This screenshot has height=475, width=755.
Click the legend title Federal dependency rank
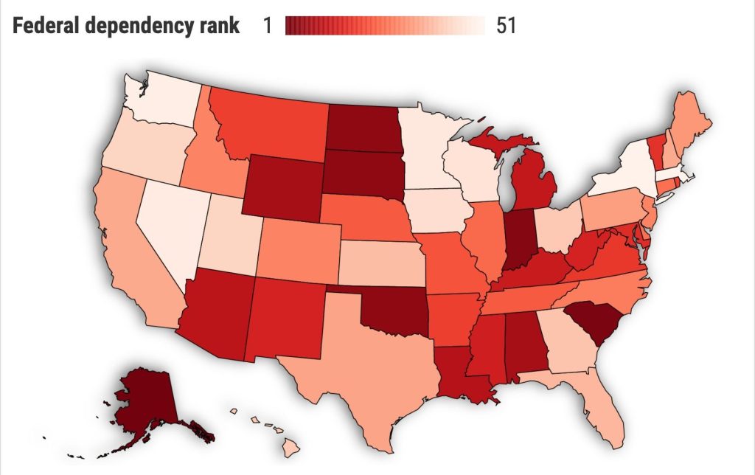pos(125,26)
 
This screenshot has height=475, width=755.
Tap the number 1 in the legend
pos(267,26)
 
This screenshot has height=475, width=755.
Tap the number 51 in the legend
pos(505,26)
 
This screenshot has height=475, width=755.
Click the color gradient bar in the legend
pos(384,26)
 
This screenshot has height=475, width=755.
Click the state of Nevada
pos(170,221)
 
